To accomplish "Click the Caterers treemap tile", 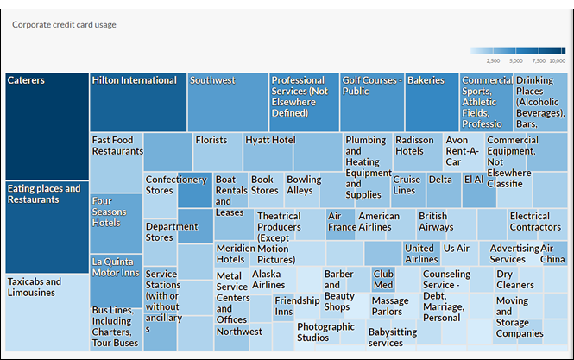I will point(47,125).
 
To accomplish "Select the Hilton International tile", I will point(138,102).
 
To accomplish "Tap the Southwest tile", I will point(228,102).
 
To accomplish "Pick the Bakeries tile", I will point(432,102).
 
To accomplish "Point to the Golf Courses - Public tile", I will point(372,102).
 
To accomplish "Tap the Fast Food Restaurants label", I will point(117,145).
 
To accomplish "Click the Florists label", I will point(211,139).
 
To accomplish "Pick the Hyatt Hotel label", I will point(270,139).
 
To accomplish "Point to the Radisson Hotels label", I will point(415,145).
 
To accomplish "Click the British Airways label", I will point(436,221).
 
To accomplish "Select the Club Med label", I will point(383,279).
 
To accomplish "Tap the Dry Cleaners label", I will point(514,279).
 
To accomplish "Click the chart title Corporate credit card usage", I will point(64,24).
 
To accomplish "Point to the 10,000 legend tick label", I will point(557,61).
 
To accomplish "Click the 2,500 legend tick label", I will point(494,61).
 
